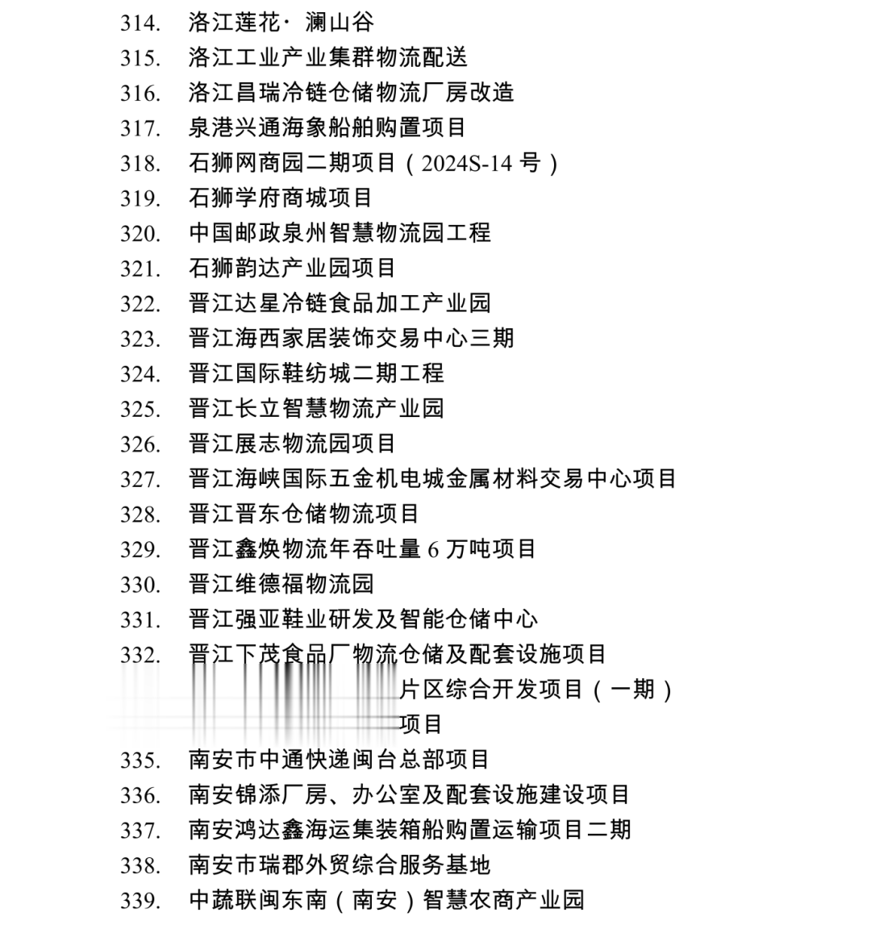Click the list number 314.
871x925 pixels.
click(x=140, y=23)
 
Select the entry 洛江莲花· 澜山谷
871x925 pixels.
click(x=281, y=22)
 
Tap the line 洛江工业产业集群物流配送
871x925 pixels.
click(x=327, y=57)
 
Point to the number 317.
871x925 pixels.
click(x=140, y=128)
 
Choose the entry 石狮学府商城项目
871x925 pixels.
click(x=280, y=198)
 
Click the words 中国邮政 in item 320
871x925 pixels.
click(x=235, y=233)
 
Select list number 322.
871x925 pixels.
click(x=140, y=304)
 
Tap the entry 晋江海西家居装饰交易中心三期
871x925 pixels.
click(x=351, y=338)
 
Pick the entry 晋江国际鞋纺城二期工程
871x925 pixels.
click(x=316, y=373)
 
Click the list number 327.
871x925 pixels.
click(x=140, y=479)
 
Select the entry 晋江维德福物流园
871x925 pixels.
click(x=281, y=584)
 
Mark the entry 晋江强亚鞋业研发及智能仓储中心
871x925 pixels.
click(x=363, y=619)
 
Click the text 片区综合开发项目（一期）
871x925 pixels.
click(x=536, y=690)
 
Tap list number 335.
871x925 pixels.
click(x=140, y=760)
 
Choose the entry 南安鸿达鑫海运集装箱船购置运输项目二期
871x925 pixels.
click(x=410, y=830)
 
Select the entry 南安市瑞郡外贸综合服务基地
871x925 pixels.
click(x=340, y=865)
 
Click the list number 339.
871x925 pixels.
click(x=140, y=901)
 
